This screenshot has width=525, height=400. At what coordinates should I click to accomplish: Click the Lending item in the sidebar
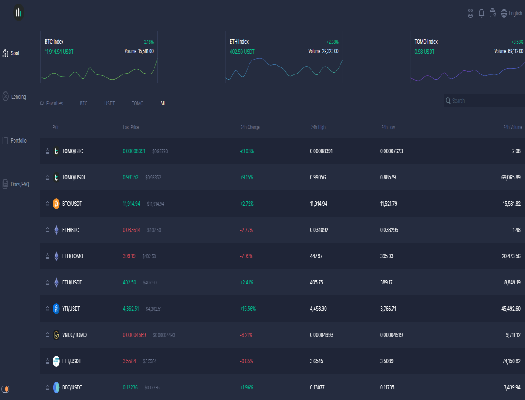point(14,97)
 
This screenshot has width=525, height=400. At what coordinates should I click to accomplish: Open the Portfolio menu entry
point(14,140)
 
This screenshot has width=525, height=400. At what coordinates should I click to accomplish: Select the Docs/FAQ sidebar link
point(16,184)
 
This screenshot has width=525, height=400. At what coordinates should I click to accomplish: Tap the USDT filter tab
point(109,103)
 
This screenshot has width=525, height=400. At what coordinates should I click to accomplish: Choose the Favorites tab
point(52,103)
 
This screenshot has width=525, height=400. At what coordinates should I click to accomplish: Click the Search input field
point(484,101)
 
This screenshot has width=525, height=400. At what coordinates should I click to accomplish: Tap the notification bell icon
point(482,13)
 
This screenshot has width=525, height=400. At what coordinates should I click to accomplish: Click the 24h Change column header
point(250,127)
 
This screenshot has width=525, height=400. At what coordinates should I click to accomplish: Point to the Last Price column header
point(131,127)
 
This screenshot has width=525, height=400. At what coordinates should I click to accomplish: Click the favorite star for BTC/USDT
point(47,204)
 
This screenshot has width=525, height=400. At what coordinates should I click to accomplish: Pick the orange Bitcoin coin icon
point(56,204)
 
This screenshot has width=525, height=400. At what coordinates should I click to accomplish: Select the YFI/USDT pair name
point(71,309)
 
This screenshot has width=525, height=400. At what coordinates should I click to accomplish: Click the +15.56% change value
point(248,309)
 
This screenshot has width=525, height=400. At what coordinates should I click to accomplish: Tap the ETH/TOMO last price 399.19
point(129,256)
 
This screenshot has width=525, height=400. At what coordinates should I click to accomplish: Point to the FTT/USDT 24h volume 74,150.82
point(511,361)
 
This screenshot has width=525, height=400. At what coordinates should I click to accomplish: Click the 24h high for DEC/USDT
point(317,387)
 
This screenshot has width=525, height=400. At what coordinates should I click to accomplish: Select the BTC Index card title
point(54,42)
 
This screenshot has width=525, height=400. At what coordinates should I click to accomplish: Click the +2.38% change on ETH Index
point(332,42)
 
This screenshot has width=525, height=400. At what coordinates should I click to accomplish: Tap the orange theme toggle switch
point(5,389)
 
